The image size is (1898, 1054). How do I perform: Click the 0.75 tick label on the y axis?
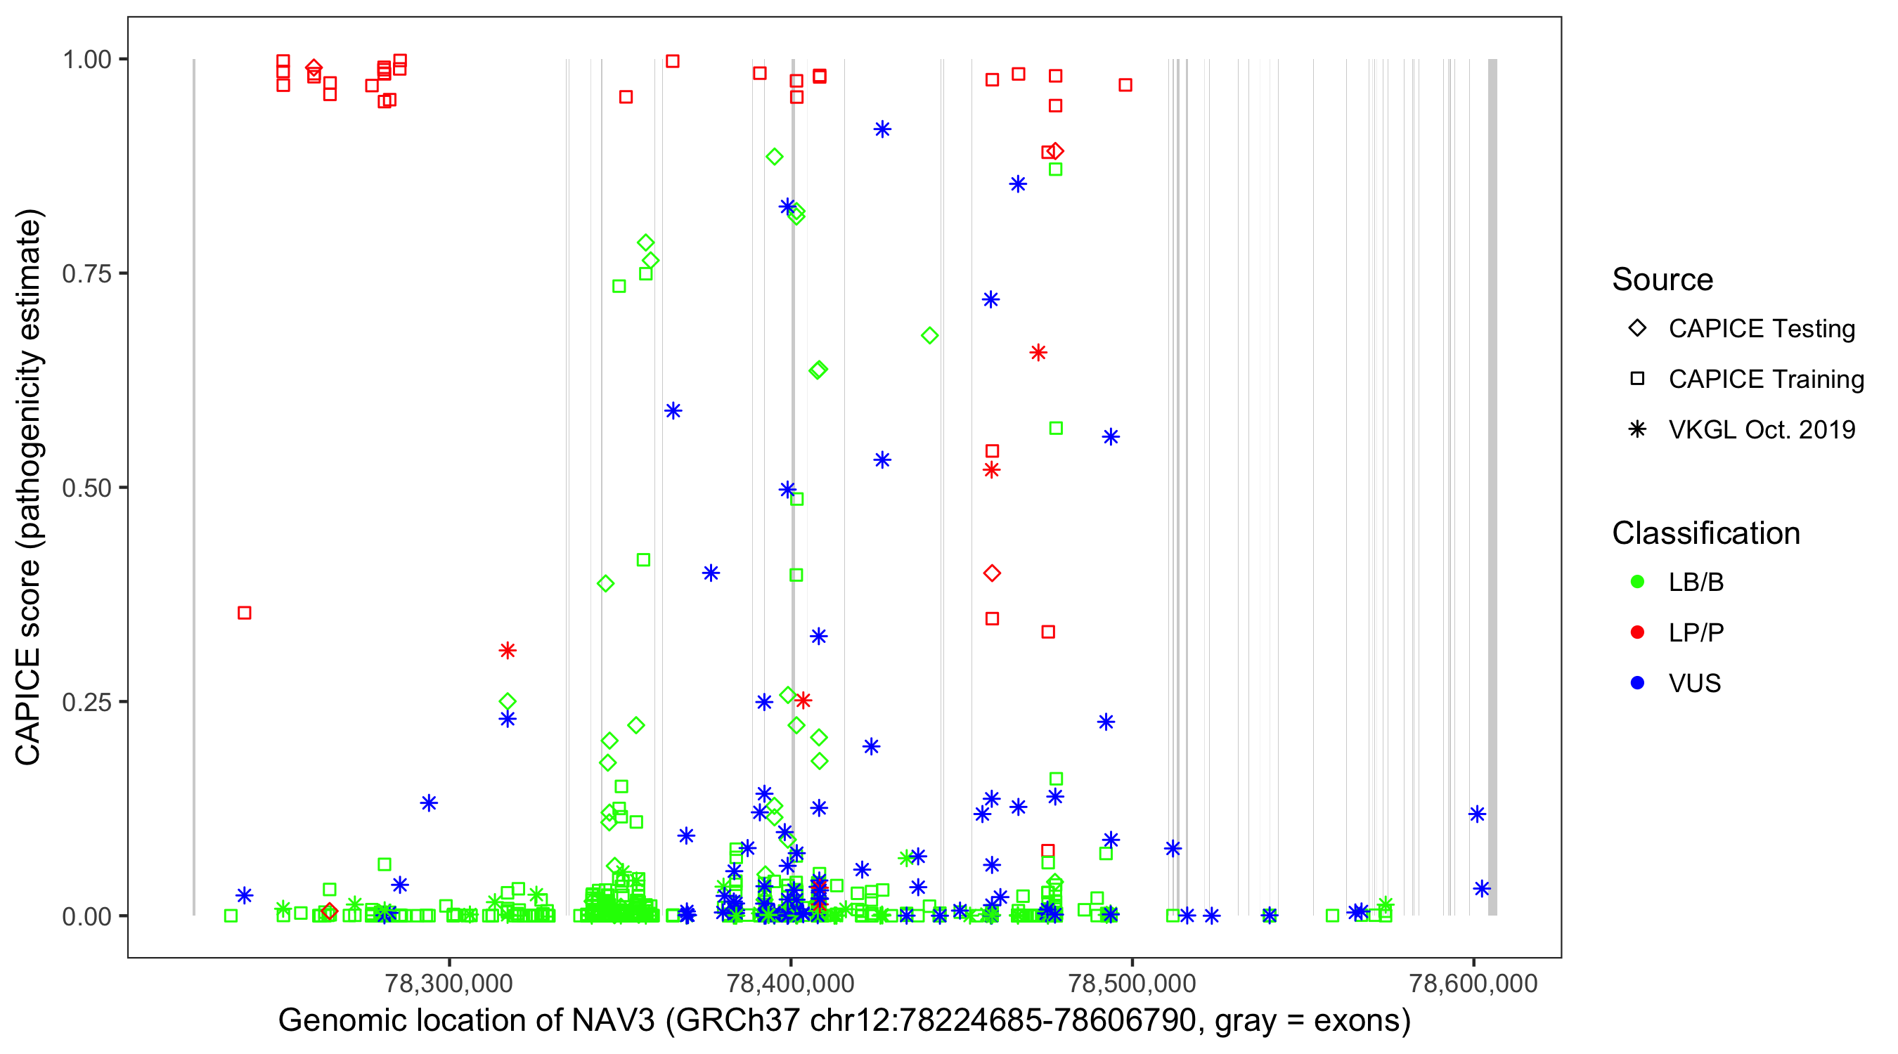point(86,273)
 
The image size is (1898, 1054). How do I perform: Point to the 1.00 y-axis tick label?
point(86,59)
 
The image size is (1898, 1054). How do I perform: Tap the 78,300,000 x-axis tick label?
point(448,983)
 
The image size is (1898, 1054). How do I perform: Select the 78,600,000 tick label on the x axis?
point(1473,983)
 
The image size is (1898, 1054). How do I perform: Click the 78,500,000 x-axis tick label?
point(1132,983)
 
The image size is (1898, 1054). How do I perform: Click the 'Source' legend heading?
point(1663,280)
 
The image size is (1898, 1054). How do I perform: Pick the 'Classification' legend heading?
point(1705,533)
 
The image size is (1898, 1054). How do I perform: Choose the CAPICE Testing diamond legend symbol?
point(1638,327)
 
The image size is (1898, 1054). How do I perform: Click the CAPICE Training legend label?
point(1766,379)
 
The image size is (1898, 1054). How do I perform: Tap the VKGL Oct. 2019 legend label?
point(1762,429)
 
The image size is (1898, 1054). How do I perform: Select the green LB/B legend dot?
point(1638,582)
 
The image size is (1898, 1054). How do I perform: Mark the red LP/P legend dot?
point(1638,632)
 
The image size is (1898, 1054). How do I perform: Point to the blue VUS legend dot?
point(1638,683)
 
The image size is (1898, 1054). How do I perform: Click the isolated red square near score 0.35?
point(245,613)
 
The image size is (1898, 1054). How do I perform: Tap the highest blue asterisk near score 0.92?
point(882,129)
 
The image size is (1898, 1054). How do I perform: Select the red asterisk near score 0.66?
point(1038,353)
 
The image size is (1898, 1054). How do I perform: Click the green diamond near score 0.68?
point(930,336)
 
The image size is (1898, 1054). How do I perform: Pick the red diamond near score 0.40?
point(992,573)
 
